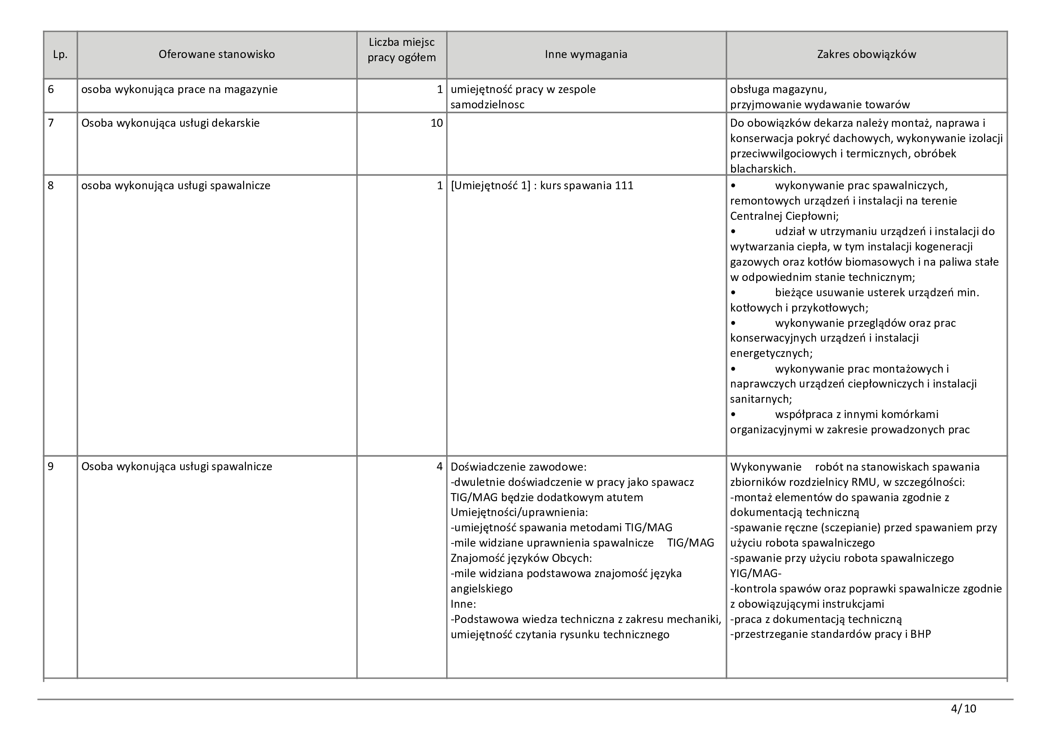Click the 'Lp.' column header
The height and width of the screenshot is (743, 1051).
click(x=60, y=54)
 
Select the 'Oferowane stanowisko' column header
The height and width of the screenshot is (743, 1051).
click(x=217, y=54)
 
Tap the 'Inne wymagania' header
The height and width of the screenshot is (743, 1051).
click(x=586, y=54)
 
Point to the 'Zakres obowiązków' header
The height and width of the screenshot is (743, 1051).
click(x=866, y=54)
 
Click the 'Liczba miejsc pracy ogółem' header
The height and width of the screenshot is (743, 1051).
click(x=401, y=50)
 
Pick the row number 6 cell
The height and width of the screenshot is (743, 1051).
click(x=51, y=89)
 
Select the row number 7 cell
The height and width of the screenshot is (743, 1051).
click(x=51, y=123)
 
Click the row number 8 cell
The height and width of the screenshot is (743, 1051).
click(x=51, y=185)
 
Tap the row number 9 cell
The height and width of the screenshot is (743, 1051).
click(x=51, y=467)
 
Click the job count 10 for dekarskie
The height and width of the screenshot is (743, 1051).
click(x=437, y=123)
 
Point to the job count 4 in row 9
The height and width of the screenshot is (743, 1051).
click(x=439, y=467)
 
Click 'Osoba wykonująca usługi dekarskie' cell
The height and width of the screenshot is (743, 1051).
click(x=170, y=123)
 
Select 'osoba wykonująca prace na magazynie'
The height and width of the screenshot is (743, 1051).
click(x=179, y=89)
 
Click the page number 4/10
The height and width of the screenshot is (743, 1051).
click(x=963, y=709)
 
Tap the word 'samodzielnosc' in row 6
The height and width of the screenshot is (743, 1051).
click(x=487, y=105)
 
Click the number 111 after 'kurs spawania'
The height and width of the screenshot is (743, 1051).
click(x=625, y=185)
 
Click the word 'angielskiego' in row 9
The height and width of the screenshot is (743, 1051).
click(x=482, y=589)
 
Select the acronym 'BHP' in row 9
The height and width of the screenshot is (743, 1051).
click(x=921, y=635)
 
